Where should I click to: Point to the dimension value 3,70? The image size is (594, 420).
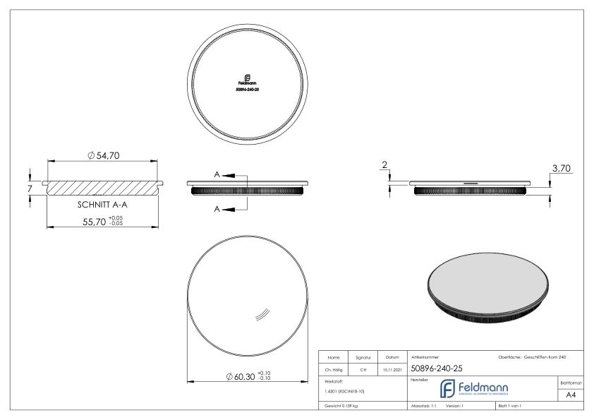561,168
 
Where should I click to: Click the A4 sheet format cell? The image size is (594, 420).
573,396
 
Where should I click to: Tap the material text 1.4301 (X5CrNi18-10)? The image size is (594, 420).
344,390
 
